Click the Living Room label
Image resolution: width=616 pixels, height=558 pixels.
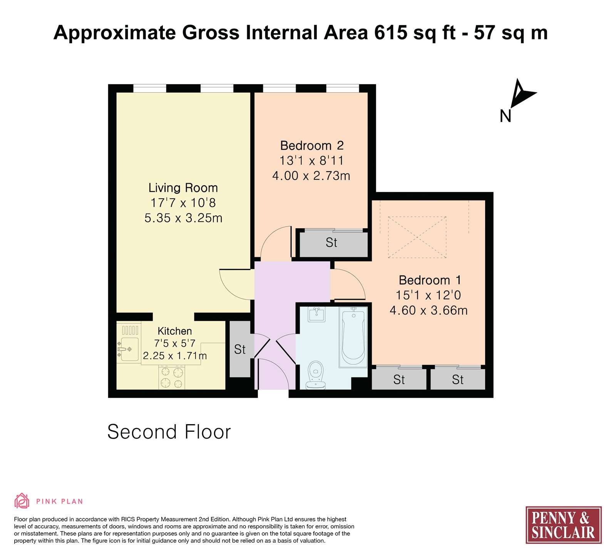pos(183,188)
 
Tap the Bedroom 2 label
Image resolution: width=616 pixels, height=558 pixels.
pos(312,145)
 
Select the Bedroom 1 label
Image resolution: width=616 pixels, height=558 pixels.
pos(430,280)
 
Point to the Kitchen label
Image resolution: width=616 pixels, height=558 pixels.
pos(175,331)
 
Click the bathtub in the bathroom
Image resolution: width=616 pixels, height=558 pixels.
pos(353,337)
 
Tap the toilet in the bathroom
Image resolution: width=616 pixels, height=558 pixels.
pos(315,375)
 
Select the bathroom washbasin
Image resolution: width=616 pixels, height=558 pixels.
pos(317,314)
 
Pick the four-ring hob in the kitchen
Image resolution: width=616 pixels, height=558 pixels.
pos(172,378)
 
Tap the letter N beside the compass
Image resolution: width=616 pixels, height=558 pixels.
pos(506,116)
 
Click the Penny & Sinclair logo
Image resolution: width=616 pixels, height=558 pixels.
pos(564,525)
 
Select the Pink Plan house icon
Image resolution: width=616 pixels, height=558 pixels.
pos(22,501)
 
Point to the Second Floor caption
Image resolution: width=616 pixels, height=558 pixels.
pos(169,432)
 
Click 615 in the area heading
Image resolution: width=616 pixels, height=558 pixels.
pos(390,32)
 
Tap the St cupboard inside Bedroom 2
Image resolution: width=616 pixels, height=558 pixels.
pos(331,243)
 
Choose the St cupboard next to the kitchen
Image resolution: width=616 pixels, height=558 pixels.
pos(240,349)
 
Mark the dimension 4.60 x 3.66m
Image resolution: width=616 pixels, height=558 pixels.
pos(429,310)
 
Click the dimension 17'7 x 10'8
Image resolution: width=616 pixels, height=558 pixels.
pos(183,203)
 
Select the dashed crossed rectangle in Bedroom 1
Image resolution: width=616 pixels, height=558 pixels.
pos(417,237)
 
